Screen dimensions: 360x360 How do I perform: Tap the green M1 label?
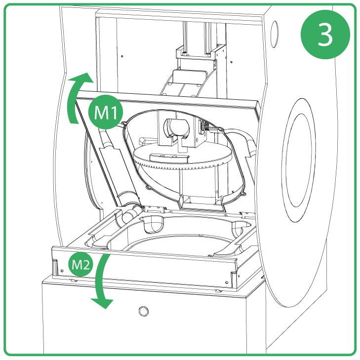click(105, 113)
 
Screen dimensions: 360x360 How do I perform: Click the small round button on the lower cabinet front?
click(143, 311)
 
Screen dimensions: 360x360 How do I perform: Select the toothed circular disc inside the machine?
click(183, 163)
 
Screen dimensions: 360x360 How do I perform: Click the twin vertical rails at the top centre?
click(198, 37)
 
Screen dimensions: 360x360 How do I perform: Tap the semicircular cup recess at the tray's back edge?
click(155, 225)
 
